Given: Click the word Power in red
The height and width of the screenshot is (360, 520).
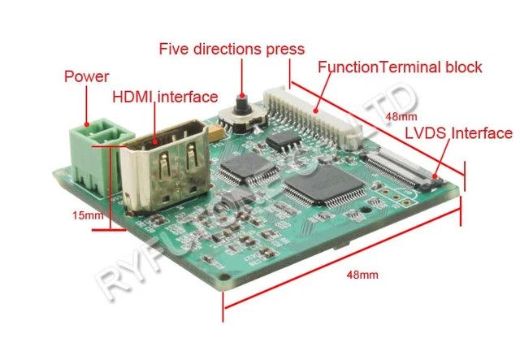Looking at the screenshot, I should [86, 77].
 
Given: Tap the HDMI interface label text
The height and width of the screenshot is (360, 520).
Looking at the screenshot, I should [164, 97].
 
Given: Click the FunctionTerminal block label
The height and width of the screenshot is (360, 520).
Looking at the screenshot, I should [400, 67].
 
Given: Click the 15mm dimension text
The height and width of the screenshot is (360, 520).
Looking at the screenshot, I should [87, 215].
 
